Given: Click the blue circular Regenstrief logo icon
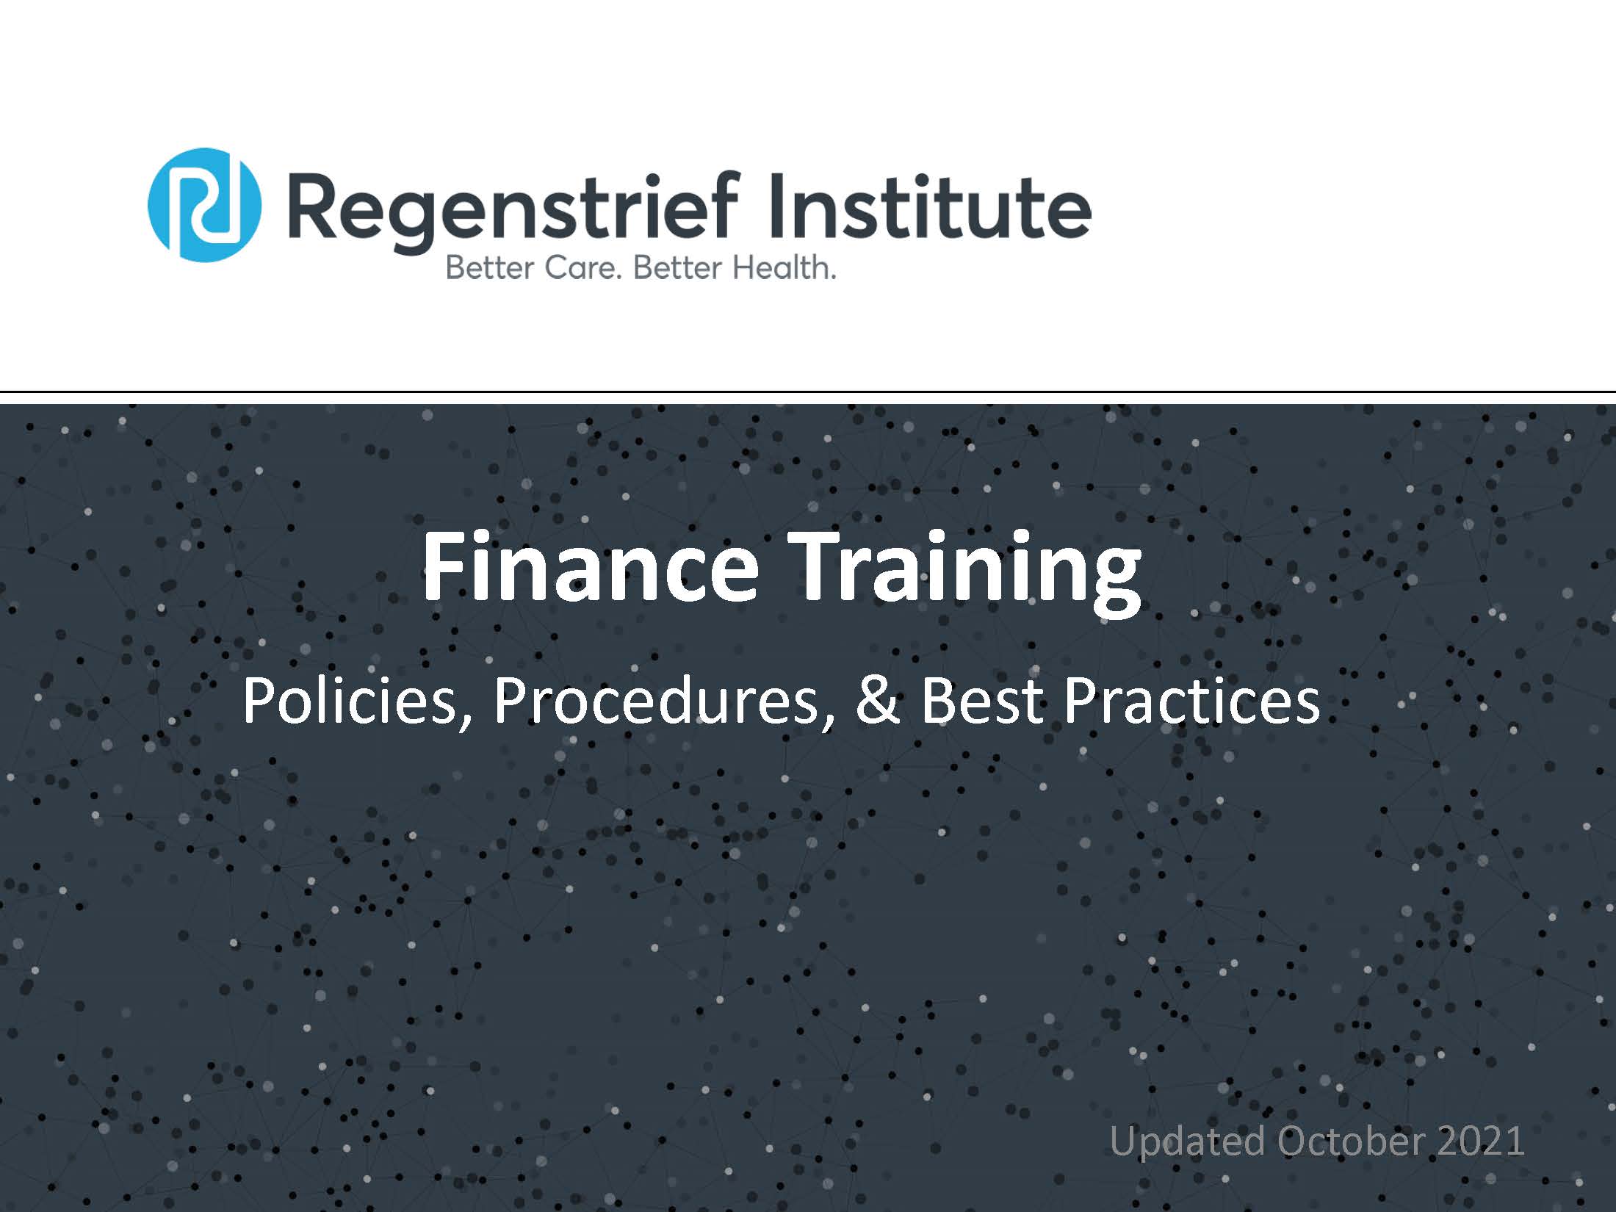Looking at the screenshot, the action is [205, 205].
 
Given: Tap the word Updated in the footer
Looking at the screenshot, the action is [1187, 1142].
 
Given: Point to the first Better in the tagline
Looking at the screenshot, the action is [489, 267].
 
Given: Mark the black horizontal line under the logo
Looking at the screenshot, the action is [808, 392].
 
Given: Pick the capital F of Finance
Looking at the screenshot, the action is [443, 566].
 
